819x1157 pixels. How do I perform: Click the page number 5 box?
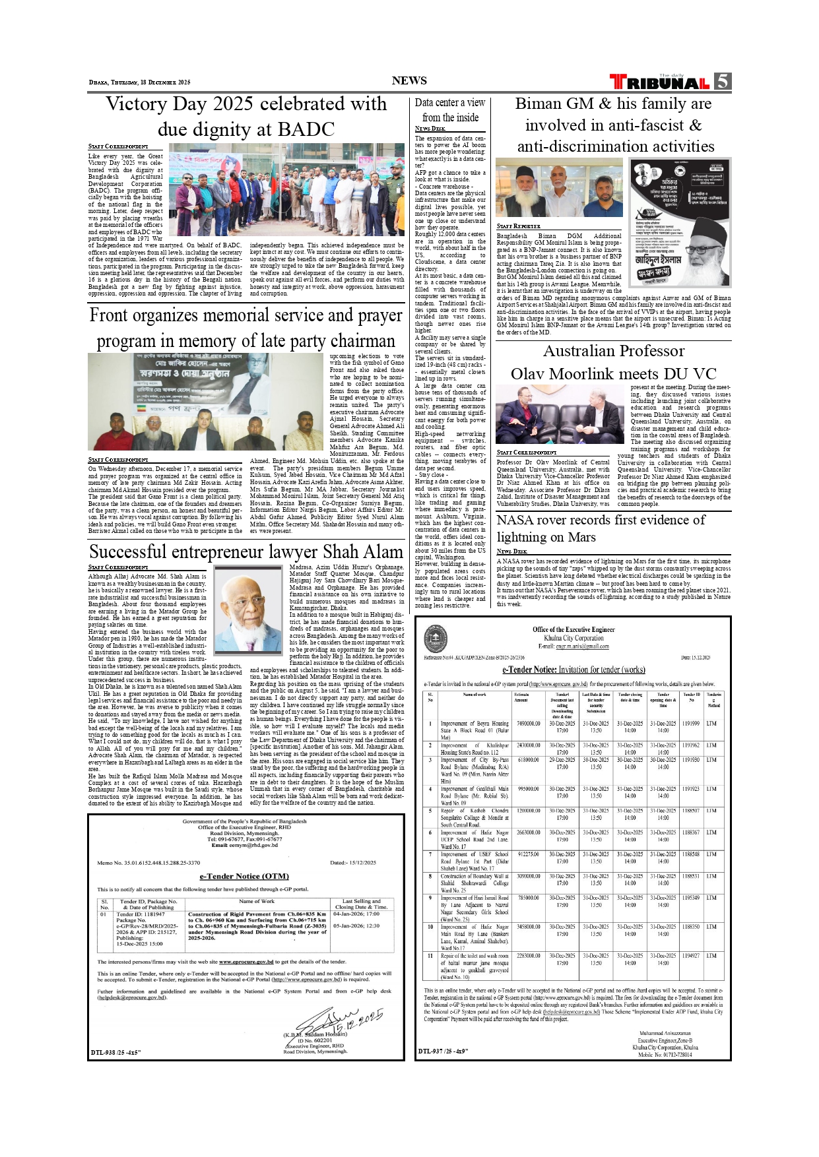coord(723,81)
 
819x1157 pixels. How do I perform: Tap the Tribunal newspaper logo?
coord(660,82)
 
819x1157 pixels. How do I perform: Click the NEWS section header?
coord(409,80)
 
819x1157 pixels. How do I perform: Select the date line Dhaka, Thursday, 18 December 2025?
coord(139,82)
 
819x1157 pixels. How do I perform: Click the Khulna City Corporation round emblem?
coord(436,637)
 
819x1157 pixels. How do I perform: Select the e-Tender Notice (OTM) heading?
coord(244,876)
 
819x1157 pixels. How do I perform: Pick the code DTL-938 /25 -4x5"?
coord(116,1052)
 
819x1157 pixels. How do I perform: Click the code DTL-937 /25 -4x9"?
coord(443,1051)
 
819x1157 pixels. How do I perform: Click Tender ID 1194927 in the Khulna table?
coord(691,955)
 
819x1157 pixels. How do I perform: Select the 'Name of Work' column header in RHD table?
coord(257,901)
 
